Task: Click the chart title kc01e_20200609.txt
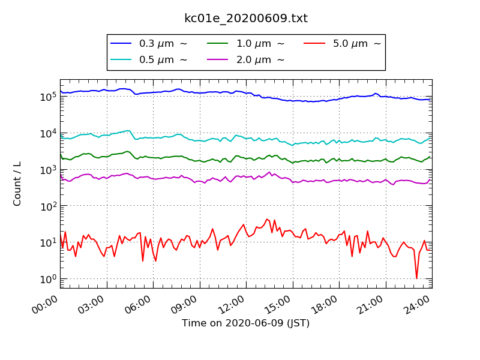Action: point(246,19)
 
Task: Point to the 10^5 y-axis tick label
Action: point(48,96)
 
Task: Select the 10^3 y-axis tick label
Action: point(48,169)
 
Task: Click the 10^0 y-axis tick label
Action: point(48,279)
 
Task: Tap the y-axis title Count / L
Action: point(17,184)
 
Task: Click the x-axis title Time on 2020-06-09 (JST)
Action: point(246,323)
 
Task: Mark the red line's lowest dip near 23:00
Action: point(416,278)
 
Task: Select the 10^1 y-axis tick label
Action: point(48,242)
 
